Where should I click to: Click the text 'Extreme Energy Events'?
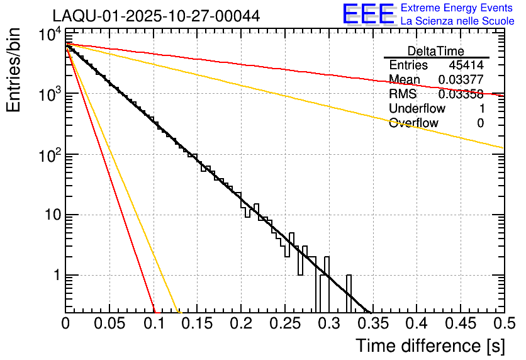(x=457, y=8)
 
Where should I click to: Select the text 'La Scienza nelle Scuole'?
(x=457, y=21)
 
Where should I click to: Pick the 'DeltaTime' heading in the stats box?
(x=436, y=51)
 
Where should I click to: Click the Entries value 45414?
(x=466, y=65)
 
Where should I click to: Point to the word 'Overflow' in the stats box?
(x=413, y=123)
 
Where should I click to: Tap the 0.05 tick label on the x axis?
(x=109, y=324)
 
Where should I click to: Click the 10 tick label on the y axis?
(x=48, y=215)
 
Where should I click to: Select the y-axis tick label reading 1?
(x=55, y=276)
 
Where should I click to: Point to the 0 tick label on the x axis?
(x=65, y=324)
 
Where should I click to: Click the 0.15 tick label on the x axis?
(x=197, y=324)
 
